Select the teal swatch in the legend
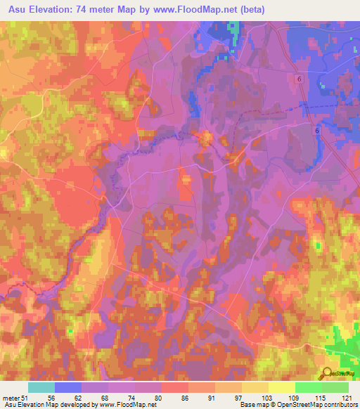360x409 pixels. pyautogui.click(x=41, y=387)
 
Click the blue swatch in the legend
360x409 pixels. pyautogui.click(x=68, y=387)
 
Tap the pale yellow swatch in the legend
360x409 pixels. pyautogui.click(x=281, y=387)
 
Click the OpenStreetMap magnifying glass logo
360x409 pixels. pyautogui.click(x=327, y=374)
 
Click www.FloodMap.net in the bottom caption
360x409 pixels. pyautogui.click(x=131, y=405)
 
